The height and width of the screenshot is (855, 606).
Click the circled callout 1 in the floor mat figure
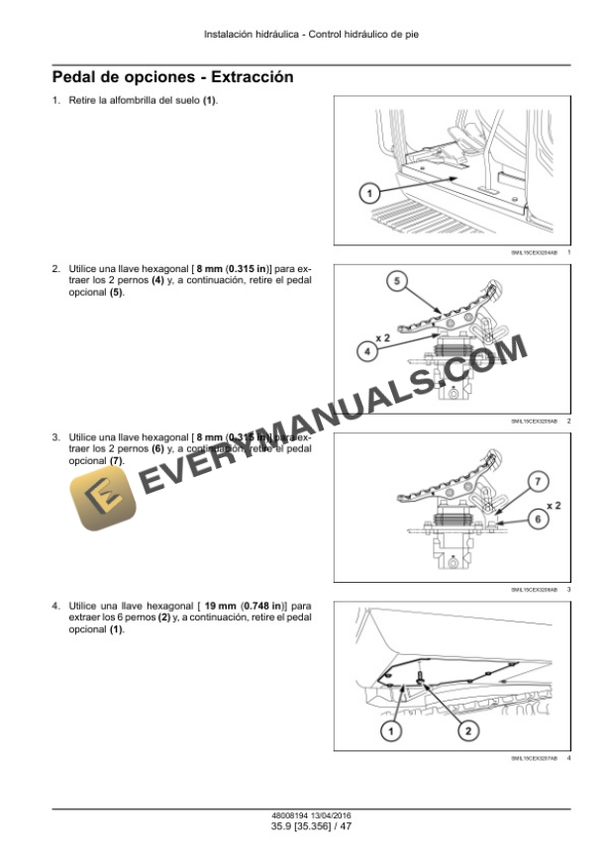tap(366, 194)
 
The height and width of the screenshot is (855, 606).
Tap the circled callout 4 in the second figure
tap(366, 348)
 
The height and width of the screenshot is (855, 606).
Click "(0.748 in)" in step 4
tap(263, 603)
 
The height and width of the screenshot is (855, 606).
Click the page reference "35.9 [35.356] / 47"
tap(303, 824)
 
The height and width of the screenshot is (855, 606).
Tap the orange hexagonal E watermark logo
tap(102, 501)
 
